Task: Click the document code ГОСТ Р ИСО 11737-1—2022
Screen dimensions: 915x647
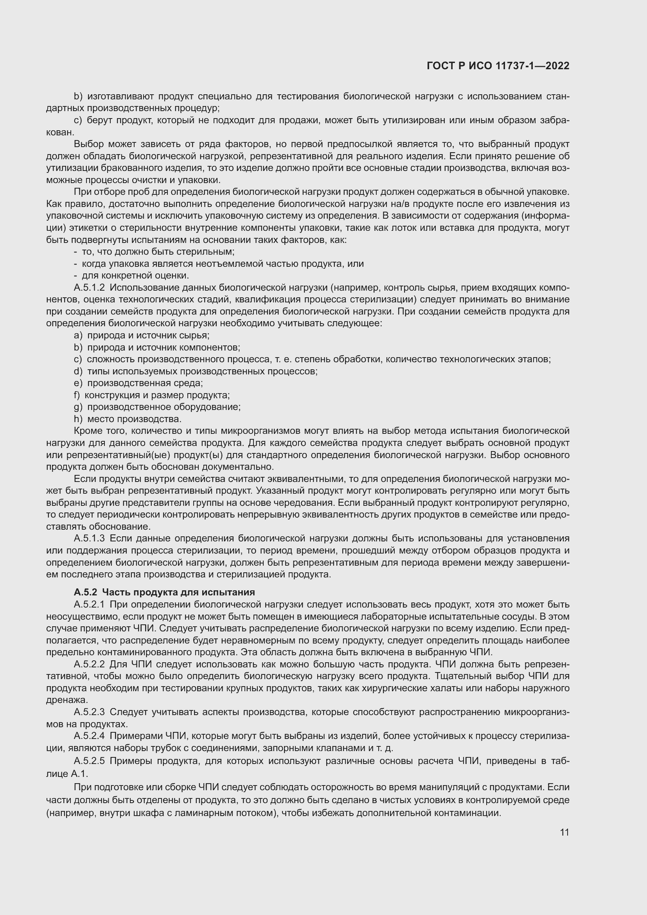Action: click(498, 66)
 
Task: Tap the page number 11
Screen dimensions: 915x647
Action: click(564, 832)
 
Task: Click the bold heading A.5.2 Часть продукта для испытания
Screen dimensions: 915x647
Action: click(164, 592)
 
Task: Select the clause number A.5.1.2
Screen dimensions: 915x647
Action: click(89, 288)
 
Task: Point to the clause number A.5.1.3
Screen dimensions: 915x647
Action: click(89, 538)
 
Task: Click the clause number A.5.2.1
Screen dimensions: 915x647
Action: click(89, 604)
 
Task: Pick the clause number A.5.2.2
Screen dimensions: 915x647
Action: click(89, 664)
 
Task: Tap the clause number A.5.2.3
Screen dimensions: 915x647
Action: click(89, 712)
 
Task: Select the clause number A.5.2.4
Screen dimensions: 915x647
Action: click(89, 736)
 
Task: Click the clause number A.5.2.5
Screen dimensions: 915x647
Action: click(89, 761)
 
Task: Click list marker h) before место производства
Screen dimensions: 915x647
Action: click(78, 419)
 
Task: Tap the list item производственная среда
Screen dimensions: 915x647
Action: click(145, 383)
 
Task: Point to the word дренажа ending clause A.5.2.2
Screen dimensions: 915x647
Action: click(66, 700)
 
